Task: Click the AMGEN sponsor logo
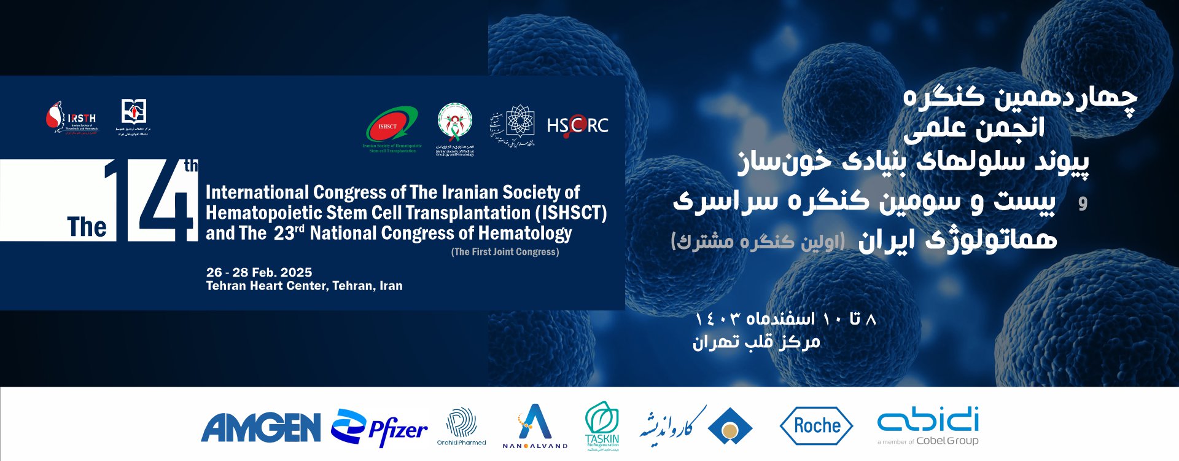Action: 260,427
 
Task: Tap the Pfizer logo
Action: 379,427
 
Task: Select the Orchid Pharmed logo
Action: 461,425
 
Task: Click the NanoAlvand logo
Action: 535,425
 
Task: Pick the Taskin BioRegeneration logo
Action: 602,425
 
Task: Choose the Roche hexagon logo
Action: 816,425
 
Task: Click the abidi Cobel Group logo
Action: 928,424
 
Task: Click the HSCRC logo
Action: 577,125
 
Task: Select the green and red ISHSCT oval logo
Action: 392,125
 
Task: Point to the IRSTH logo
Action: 72,118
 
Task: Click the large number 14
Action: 154,200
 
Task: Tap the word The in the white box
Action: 87,227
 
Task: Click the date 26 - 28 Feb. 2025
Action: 259,272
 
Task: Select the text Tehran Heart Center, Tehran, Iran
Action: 304,286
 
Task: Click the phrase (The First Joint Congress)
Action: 505,252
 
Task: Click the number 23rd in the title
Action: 289,233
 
